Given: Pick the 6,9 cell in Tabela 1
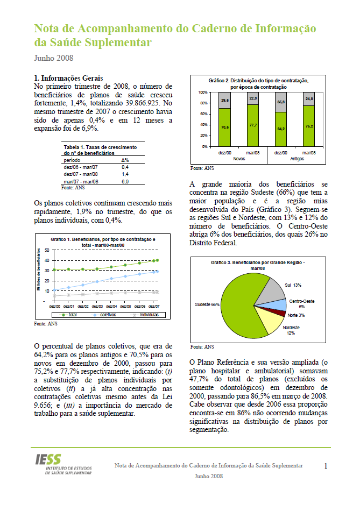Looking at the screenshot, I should [x=125, y=182].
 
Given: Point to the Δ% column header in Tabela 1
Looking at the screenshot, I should [x=125, y=160].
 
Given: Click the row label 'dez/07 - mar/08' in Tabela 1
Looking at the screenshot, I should [x=81, y=174].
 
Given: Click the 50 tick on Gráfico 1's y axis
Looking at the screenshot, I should [x=47, y=251].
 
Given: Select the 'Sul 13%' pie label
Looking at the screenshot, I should [x=293, y=285].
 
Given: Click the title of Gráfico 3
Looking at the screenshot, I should [x=251, y=265].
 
